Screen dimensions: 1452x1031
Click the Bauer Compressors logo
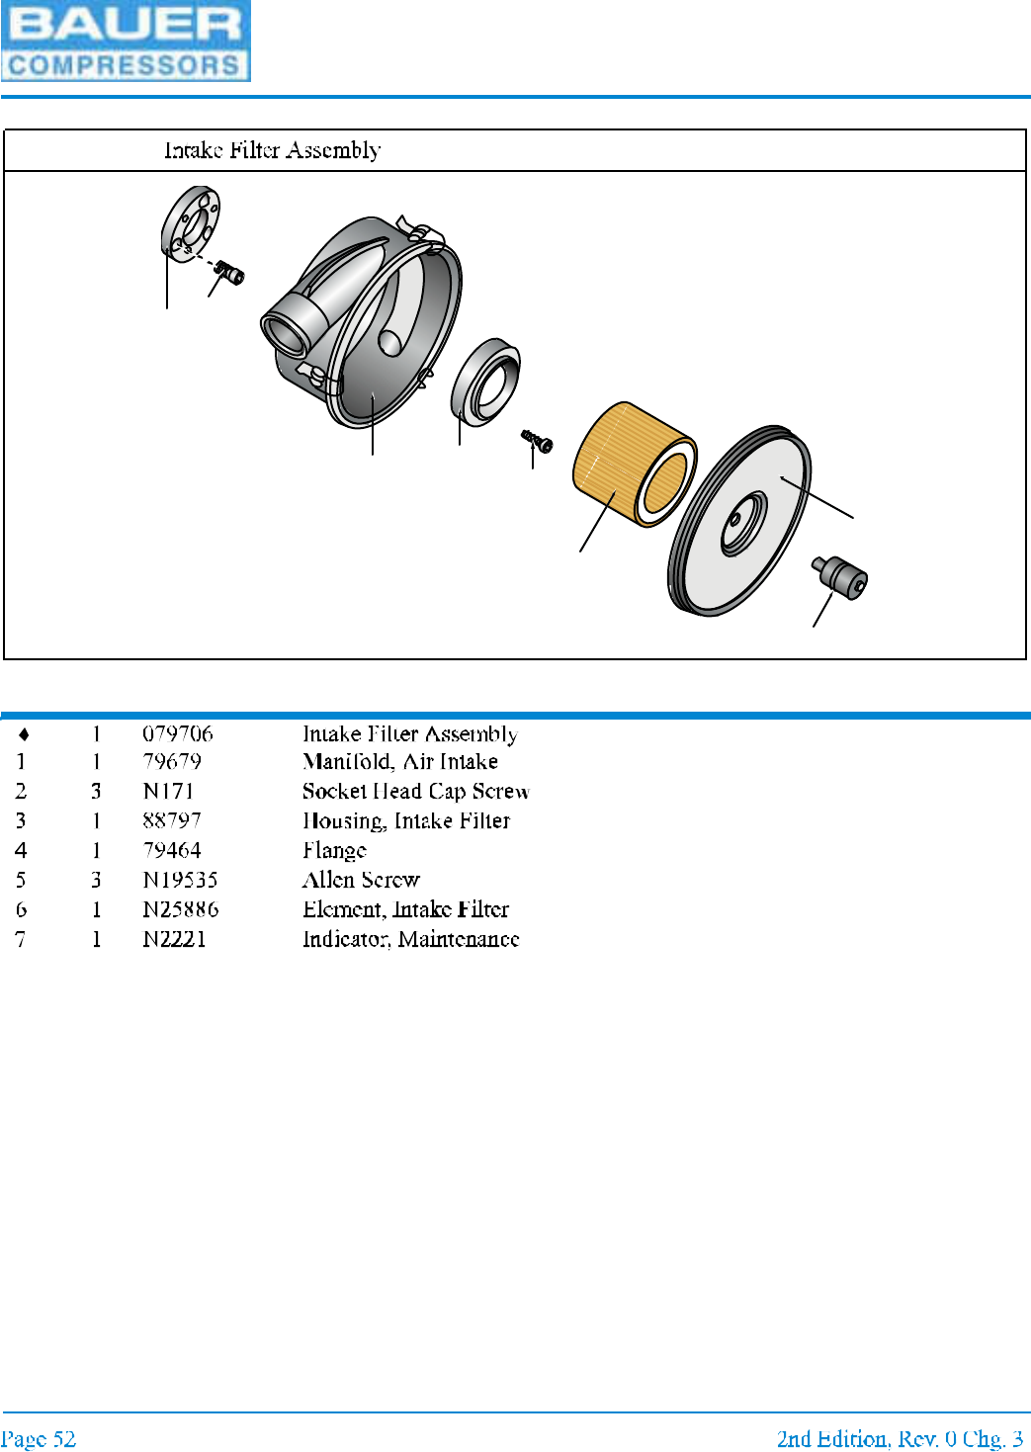126,41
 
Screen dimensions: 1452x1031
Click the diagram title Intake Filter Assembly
272,150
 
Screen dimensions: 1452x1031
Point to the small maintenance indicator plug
841,576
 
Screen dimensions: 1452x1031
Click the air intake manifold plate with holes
191,224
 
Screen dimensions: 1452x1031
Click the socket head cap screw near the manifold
231,272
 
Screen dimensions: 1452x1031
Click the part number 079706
178,733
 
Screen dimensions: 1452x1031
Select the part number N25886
180,909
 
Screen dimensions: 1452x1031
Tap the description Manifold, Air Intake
400,762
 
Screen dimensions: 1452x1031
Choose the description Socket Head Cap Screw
415,792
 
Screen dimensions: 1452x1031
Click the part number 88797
172,820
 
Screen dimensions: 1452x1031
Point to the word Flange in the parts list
334,850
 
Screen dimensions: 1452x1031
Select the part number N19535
180,880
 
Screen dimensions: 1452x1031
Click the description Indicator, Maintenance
410,939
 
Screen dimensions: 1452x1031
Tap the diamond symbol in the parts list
24,734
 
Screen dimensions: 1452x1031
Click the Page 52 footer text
39,1438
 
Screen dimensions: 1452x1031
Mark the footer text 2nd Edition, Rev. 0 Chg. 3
899,1438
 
